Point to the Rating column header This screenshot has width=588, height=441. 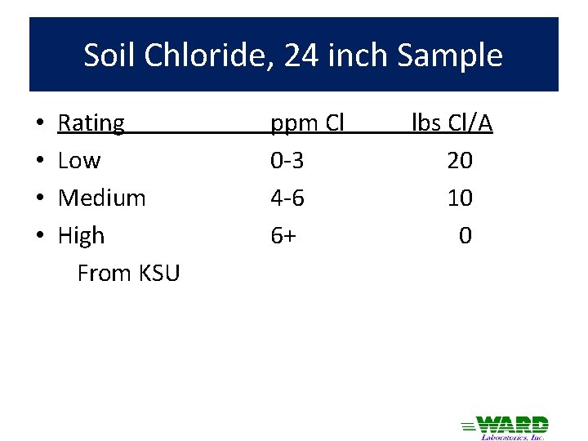pos(91,123)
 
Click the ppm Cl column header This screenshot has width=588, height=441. pos(307,123)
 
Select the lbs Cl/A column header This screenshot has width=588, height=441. pos(452,123)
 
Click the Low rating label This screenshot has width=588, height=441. pos(79,161)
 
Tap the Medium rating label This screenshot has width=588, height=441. pos(102,198)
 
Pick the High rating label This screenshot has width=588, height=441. pos(82,236)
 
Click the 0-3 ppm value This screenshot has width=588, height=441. pos(287,161)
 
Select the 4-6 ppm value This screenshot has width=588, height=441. pos(287,198)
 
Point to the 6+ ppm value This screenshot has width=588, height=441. pos(283,236)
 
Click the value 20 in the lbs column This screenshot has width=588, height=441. pos(459,161)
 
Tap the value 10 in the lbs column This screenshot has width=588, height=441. pos(459,198)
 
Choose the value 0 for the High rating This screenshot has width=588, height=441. pos(465,236)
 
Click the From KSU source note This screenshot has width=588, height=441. pos(128,273)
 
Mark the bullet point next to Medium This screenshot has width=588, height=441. pos(40,198)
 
